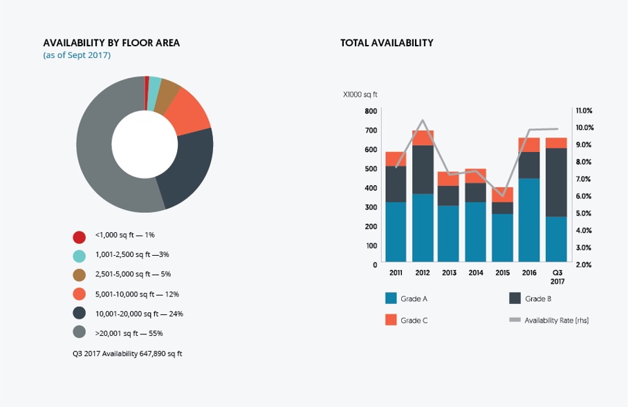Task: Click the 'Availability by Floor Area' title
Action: coord(111,43)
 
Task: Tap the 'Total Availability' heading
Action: coord(387,43)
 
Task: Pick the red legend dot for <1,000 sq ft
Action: coord(80,237)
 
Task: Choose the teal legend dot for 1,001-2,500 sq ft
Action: coord(80,256)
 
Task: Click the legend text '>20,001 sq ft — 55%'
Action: coord(129,333)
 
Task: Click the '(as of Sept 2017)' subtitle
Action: coord(77,55)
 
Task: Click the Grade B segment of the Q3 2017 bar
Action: coord(555,182)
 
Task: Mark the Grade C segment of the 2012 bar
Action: coord(423,138)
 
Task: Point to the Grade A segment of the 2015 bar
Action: coord(503,238)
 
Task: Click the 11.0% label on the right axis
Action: coord(584,111)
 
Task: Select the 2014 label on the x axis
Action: coord(476,273)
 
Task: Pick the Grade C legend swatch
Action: coord(391,319)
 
